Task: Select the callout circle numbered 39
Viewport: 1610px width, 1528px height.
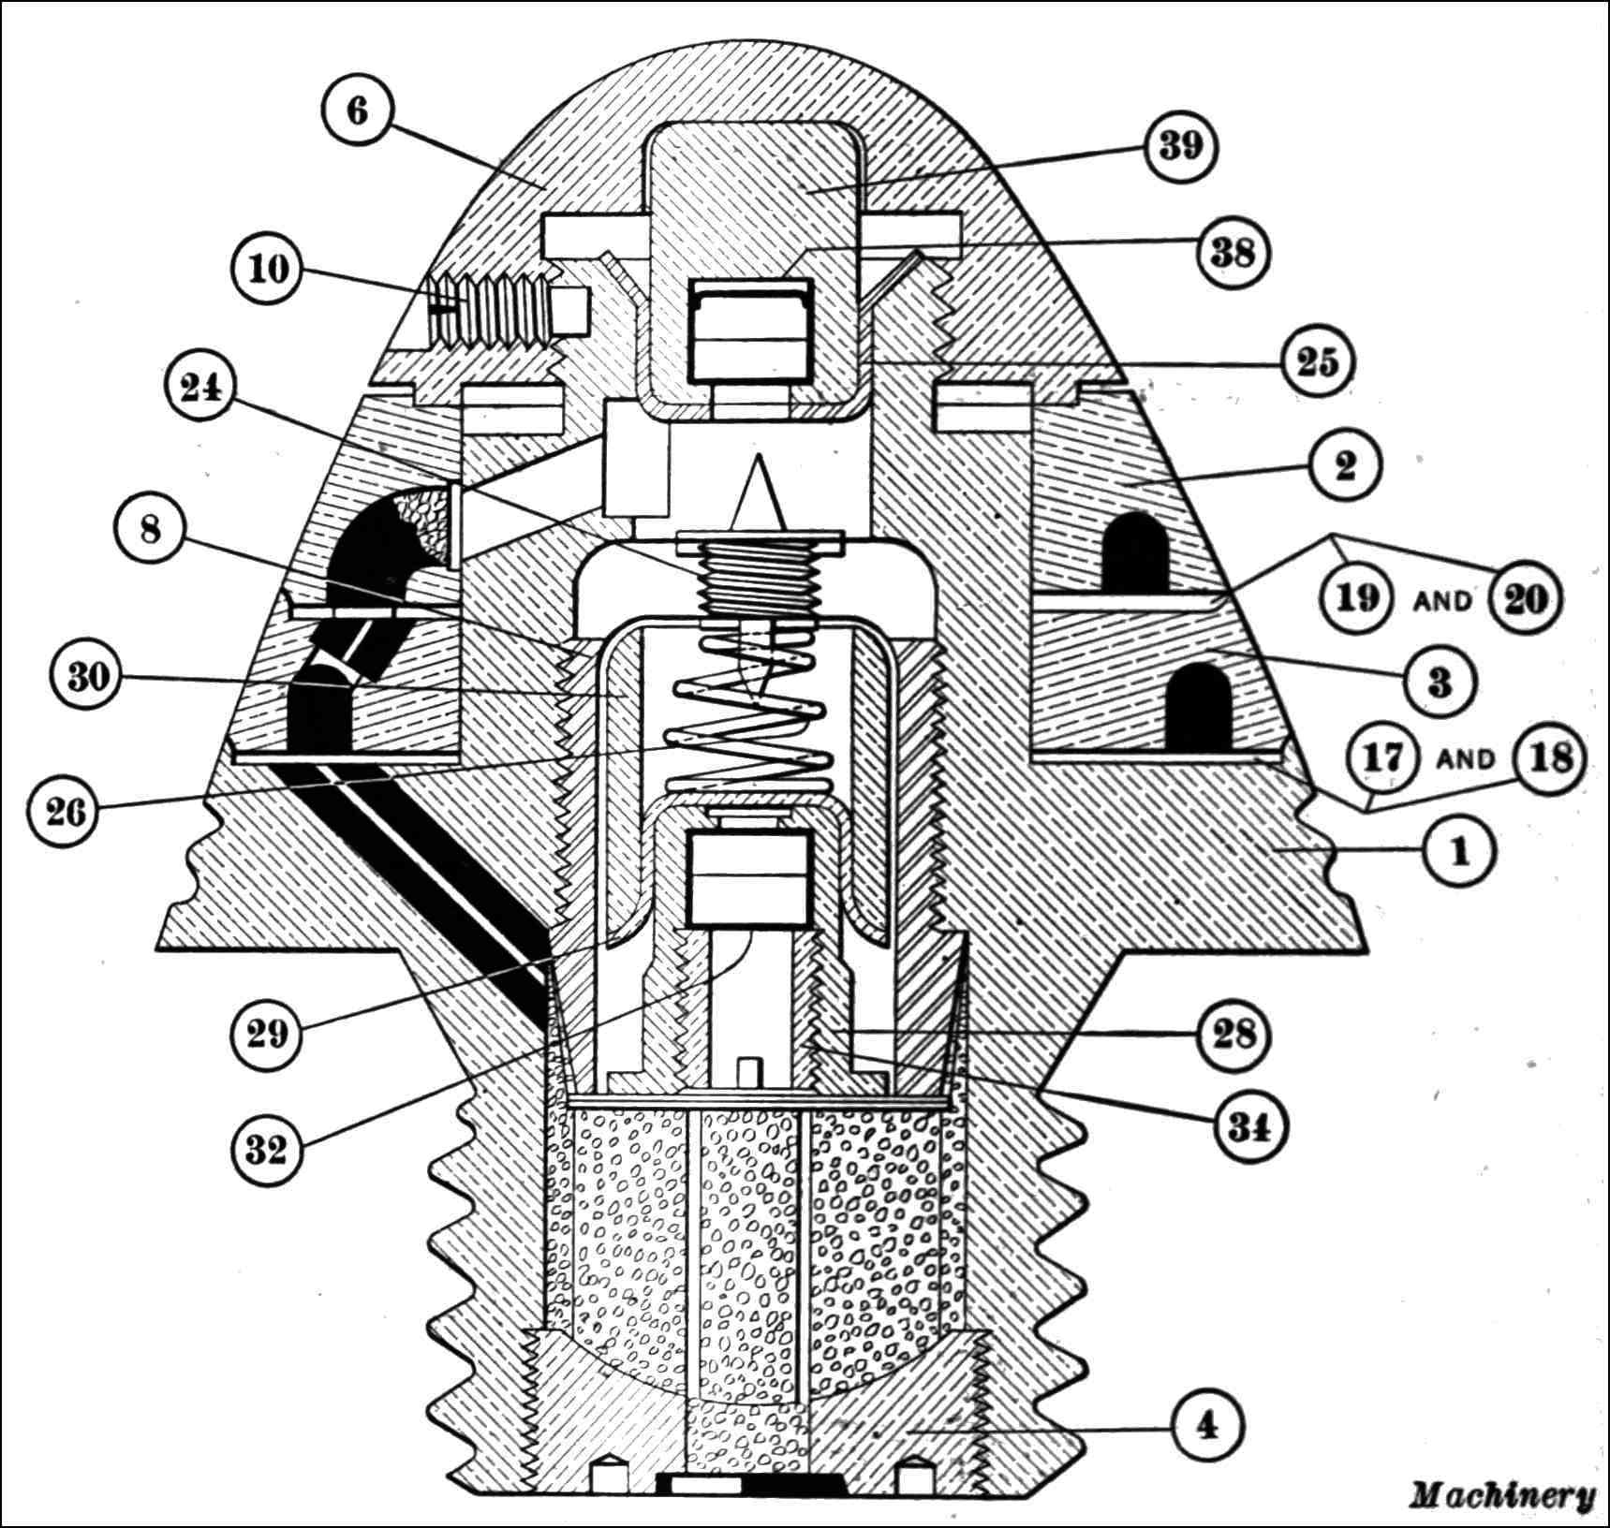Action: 1180,148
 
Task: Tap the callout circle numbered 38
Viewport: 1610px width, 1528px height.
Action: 1233,253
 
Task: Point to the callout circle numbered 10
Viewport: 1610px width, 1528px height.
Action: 266,270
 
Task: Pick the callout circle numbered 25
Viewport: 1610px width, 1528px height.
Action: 1316,362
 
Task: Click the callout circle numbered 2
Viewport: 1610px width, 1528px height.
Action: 1346,465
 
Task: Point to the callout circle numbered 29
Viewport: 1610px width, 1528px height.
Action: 266,1036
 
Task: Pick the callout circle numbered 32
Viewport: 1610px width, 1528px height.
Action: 266,1150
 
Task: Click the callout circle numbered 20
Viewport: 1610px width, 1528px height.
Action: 1525,598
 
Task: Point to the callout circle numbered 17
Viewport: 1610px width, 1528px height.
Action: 1382,757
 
